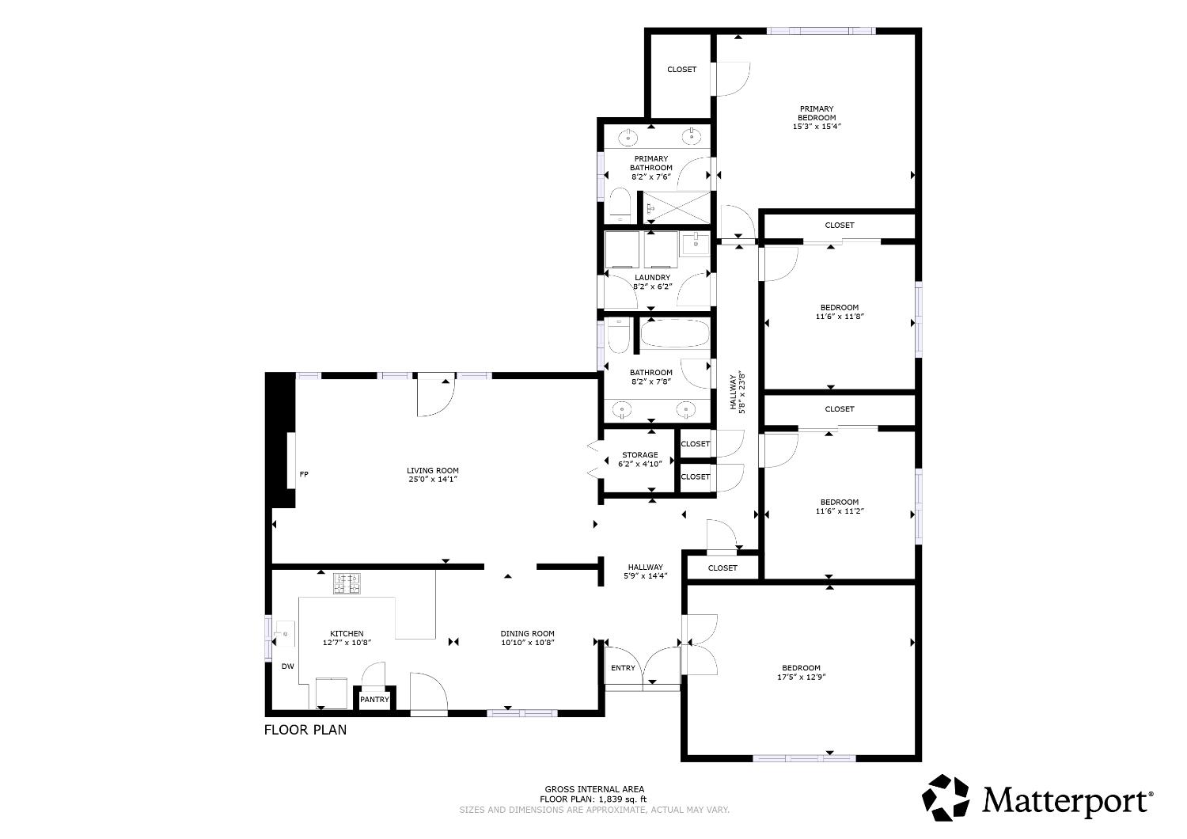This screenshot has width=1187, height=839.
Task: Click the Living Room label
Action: click(433, 470)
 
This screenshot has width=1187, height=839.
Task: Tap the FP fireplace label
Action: click(304, 475)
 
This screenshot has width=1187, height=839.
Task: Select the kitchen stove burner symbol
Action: click(347, 583)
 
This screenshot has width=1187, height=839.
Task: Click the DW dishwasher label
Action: click(288, 666)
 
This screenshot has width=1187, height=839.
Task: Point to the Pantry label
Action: click(374, 700)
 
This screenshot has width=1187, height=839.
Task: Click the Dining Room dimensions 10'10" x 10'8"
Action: click(527, 643)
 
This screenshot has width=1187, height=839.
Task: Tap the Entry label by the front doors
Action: click(623, 668)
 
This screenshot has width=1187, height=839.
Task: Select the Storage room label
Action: click(639, 455)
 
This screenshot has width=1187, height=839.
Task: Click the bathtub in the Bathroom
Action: click(674, 333)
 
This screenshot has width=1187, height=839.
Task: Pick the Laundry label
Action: click(652, 277)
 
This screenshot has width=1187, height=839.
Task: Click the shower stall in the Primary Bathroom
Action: click(675, 207)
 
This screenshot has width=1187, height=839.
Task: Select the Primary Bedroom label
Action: click(817, 113)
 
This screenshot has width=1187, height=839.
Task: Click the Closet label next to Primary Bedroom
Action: click(681, 70)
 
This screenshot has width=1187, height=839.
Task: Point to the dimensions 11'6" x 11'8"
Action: click(839, 317)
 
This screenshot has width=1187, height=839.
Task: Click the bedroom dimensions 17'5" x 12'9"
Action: click(802, 677)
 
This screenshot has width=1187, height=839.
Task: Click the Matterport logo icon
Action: click(947, 797)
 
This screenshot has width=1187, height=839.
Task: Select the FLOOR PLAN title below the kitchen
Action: click(305, 730)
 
